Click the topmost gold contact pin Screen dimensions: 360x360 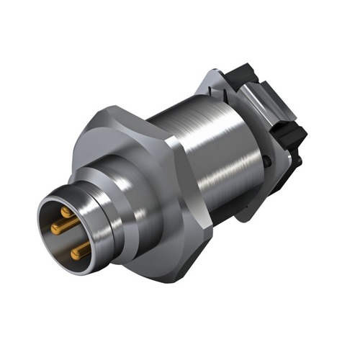point(66,212)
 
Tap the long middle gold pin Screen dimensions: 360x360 point(63,227)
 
